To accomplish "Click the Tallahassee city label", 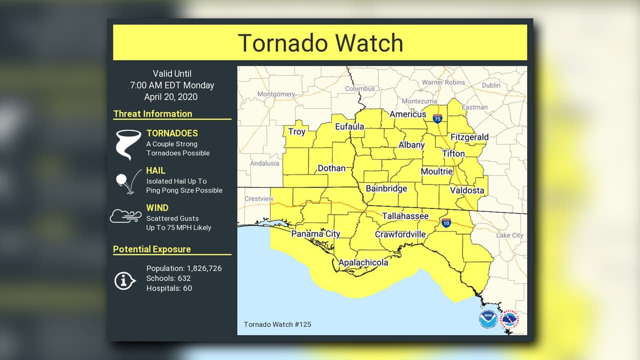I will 405,216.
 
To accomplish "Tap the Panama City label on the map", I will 315,233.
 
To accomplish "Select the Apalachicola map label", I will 363,262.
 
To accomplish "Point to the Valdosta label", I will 467,190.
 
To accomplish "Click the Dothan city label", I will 331,168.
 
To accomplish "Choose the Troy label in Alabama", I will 296,132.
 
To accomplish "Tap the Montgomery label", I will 276,94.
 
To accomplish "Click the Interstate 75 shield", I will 437,118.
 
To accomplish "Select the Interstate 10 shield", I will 446,222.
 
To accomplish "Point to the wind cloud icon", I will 125,216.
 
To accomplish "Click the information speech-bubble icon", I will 124,280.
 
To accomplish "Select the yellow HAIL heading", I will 155,170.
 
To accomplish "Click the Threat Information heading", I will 152,114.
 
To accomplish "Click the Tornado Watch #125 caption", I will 277,324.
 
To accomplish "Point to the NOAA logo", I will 487,319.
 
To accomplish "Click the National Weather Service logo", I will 510,318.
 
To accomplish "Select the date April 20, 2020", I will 170,97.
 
